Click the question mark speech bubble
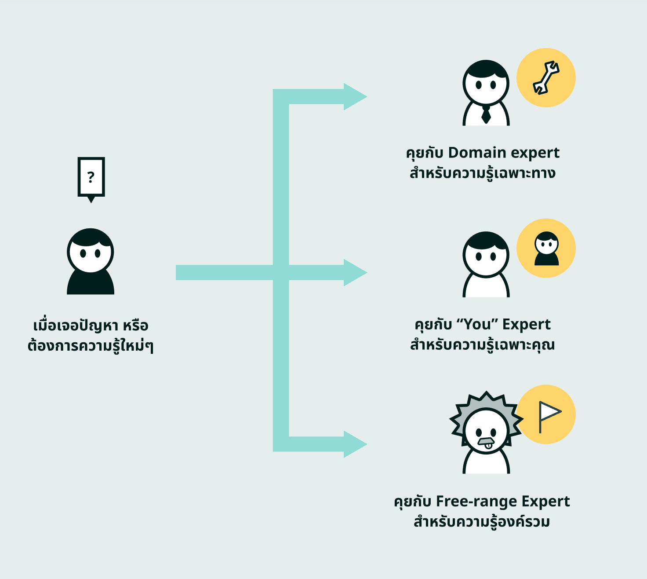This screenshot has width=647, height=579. point(91,177)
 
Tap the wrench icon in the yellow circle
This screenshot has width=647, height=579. point(546,78)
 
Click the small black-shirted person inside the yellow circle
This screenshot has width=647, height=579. point(546,249)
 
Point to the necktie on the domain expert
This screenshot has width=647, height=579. point(486,114)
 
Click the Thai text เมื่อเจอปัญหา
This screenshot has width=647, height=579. point(75,326)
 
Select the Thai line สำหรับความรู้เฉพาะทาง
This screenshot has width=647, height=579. point(482,173)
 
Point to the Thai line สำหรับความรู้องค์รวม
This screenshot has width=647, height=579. point(482,521)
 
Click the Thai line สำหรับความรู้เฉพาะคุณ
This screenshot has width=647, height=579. point(482,344)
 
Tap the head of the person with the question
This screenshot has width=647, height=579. point(91,251)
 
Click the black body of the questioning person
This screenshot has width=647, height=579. point(91,284)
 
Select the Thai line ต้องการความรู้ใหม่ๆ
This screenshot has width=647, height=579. point(91,346)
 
